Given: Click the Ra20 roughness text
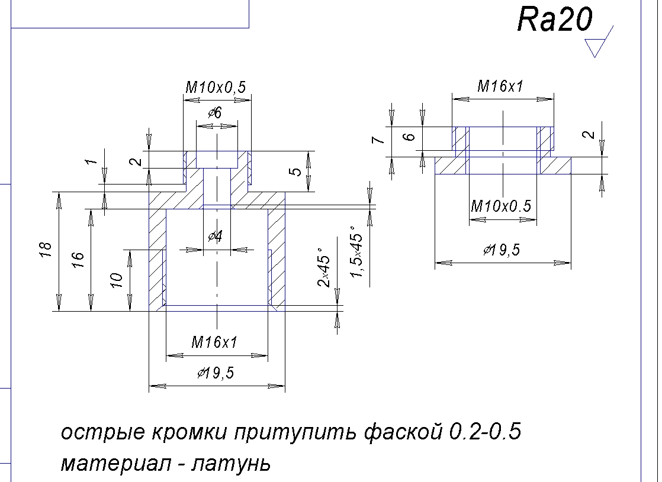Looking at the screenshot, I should [x=554, y=21].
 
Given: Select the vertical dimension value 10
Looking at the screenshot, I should [x=117, y=280].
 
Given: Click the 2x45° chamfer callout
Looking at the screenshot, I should [x=324, y=271].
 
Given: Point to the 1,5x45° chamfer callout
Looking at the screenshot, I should [x=356, y=252].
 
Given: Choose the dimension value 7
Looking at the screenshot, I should [x=380, y=140].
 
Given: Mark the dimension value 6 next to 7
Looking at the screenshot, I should [x=409, y=137].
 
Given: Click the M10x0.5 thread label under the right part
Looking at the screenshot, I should [x=501, y=206].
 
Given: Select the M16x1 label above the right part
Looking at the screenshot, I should [x=501, y=86].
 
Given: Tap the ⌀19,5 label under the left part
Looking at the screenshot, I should [x=216, y=373].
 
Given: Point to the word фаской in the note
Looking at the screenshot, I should [x=396, y=433].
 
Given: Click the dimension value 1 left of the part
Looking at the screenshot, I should [x=90, y=161].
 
